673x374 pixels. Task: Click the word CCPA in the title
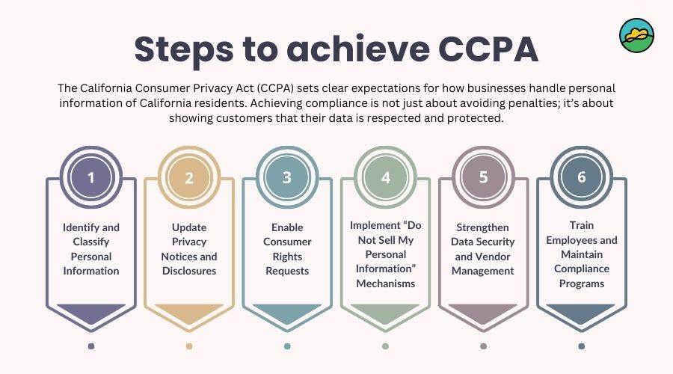[488, 49]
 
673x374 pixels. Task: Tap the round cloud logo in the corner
[637, 36]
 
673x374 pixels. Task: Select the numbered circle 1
[91, 177]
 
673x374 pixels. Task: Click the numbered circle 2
[189, 177]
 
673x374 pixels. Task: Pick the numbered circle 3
[287, 177]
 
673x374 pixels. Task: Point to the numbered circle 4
[385, 177]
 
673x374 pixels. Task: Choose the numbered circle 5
[483, 177]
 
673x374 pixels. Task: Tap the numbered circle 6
[582, 177]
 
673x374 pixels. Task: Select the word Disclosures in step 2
[189, 271]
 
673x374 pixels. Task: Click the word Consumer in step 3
[287, 242]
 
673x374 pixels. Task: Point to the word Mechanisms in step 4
[385, 283]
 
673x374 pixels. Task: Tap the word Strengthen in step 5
[482, 227]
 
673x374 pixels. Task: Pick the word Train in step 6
[582, 225]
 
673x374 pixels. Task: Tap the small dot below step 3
[287, 346]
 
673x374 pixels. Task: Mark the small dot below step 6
[582, 346]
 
